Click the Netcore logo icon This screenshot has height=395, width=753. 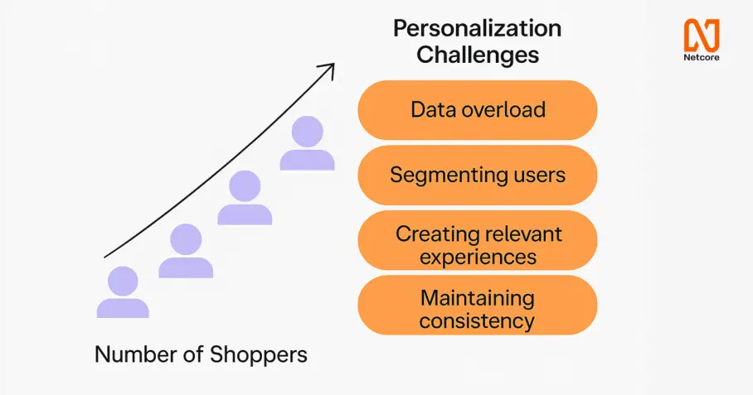click(x=702, y=35)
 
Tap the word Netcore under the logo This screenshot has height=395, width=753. click(x=702, y=57)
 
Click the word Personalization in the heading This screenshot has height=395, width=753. click(x=478, y=29)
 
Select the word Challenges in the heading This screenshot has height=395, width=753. click(x=478, y=54)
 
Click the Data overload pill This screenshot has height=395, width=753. click(x=478, y=110)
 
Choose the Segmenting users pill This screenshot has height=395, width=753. click(x=478, y=175)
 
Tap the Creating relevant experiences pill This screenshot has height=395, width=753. click(x=478, y=239)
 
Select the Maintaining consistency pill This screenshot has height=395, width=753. click(x=478, y=305)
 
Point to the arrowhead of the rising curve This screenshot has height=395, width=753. click(x=333, y=65)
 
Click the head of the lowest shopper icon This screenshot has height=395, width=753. click(x=123, y=281)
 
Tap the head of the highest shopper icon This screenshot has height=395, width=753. click(x=308, y=132)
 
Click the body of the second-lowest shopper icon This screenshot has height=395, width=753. click(x=186, y=267)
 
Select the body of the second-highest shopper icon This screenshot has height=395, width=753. click(x=245, y=214)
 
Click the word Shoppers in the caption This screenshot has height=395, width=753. click(x=259, y=355)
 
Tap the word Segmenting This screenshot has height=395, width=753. click(x=442, y=176)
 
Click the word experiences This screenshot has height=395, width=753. click(x=478, y=258)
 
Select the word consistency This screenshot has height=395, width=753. click(x=477, y=321)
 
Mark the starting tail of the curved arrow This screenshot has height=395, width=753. click(x=104, y=258)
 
